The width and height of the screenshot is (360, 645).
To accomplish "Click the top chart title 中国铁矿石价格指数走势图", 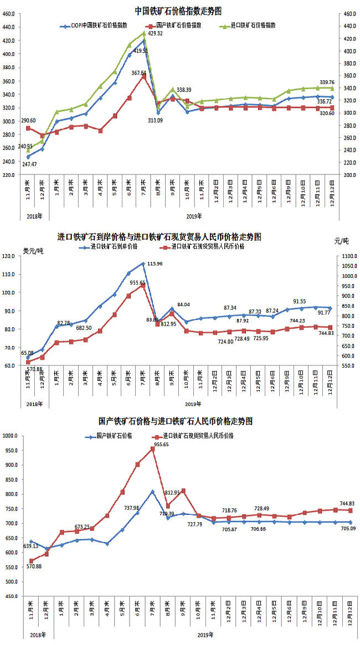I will (x=179, y=11).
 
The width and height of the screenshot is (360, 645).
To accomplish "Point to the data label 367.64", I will (x=139, y=73).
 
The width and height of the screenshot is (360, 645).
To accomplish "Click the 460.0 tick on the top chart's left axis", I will (x=8, y=13).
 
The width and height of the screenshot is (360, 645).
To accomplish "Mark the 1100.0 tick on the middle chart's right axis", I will (x=347, y=256).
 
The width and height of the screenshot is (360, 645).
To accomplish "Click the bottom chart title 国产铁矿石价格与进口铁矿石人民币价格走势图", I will (x=176, y=421).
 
